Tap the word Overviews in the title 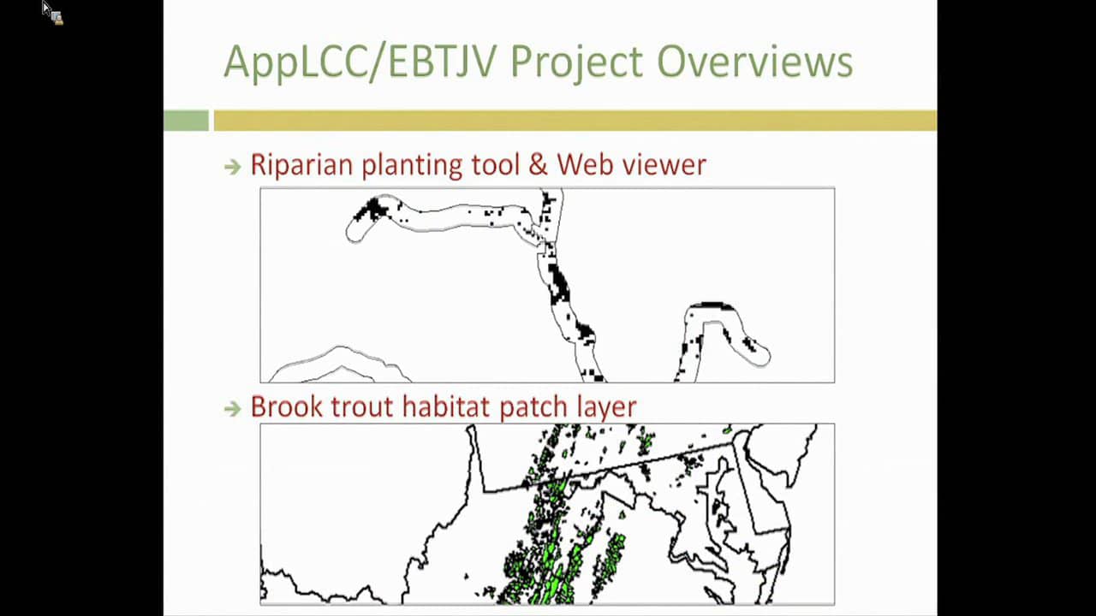tap(755, 62)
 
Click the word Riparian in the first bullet tap(301, 164)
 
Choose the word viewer tap(663, 164)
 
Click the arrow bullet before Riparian tap(232, 166)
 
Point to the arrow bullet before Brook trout tap(232, 409)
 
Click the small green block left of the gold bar tap(186, 121)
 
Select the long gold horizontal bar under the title tap(575, 121)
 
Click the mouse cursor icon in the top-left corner tap(51, 11)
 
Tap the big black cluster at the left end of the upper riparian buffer tap(372, 209)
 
